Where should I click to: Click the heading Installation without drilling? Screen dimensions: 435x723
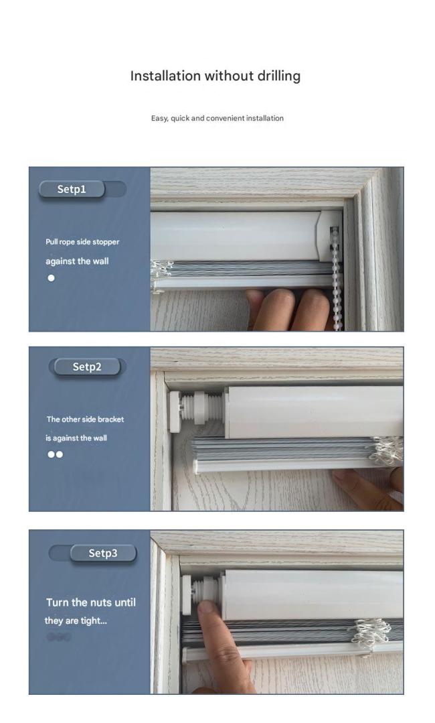[215, 76]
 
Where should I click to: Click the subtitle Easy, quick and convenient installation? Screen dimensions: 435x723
[217, 118]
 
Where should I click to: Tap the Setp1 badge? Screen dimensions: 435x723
[72, 189]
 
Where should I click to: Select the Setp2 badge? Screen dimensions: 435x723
[87, 367]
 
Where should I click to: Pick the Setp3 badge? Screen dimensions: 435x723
[103, 553]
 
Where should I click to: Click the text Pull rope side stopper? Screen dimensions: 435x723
[82, 242]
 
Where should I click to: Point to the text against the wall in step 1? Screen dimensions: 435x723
[78, 261]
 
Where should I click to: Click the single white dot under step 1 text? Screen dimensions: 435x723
[51, 278]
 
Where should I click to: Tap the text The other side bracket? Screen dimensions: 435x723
[85, 419]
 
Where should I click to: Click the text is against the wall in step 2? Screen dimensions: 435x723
[76, 438]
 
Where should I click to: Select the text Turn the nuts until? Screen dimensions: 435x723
[91, 602]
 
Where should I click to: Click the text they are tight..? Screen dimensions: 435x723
[76, 620]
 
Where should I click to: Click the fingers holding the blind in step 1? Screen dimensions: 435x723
[288, 309]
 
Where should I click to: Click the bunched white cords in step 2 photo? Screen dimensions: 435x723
[387, 450]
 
